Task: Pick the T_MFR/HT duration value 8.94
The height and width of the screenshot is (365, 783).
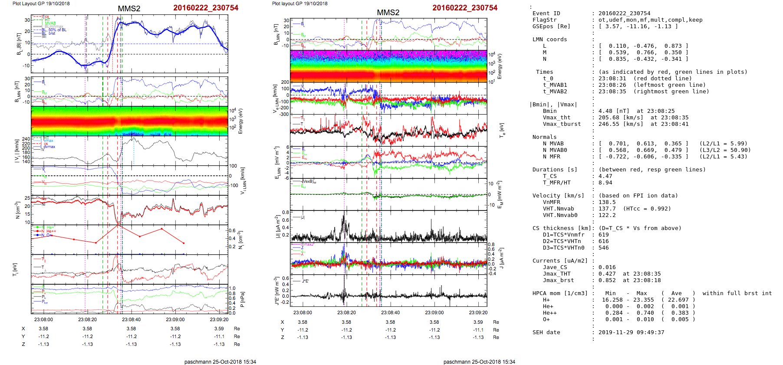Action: [x=605, y=183]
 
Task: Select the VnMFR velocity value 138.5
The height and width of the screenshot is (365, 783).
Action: [x=607, y=202]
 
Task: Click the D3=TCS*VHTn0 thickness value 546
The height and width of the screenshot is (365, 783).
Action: [x=603, y=248]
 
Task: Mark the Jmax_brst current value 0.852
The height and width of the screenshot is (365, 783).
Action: [x=607, y=280]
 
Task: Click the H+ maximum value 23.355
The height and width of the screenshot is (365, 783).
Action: [x=643, y=300]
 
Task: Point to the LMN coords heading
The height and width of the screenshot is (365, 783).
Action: [x=549, y=39]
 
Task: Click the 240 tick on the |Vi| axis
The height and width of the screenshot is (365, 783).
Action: [x=26, y=139]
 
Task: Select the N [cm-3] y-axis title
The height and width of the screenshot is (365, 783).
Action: [x=17, y=210]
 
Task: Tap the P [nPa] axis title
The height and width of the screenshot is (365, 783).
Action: [x=242, y=299]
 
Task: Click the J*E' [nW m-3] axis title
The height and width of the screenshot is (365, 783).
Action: [x=275, y=291]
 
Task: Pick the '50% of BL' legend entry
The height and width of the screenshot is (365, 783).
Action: [x=57, y=30]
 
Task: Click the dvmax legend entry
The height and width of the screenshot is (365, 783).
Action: [x=49, y=147]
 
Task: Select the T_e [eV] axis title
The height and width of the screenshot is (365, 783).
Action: [x=502, y=130]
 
